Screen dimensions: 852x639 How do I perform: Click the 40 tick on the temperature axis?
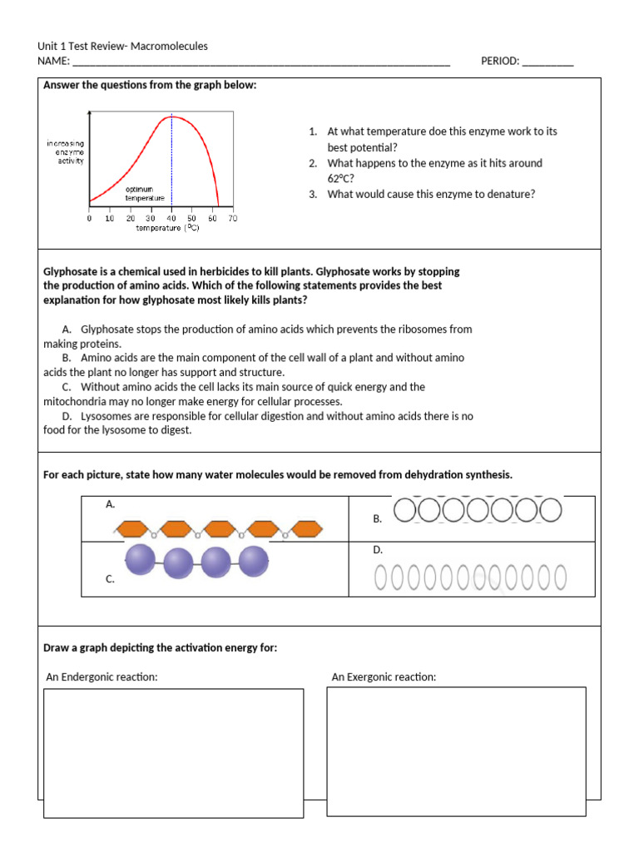coord(171,219)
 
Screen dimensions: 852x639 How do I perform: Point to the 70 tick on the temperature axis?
coord(233,219)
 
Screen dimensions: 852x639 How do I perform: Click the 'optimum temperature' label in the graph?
coord(145,194)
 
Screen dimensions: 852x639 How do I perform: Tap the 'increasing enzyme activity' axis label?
coord(64,152)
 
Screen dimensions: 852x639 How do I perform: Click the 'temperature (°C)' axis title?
coord(167,228)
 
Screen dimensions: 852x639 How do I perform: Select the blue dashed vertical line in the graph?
coord(171,158)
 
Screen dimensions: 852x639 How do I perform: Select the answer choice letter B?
coord(66,358)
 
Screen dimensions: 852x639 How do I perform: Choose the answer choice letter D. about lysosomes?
coord(66,416)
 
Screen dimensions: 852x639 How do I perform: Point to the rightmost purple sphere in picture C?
coord(251,562)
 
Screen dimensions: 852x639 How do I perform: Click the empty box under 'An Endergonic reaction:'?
coord(173,752)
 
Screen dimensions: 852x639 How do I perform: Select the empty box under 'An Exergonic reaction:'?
coord(456,751)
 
